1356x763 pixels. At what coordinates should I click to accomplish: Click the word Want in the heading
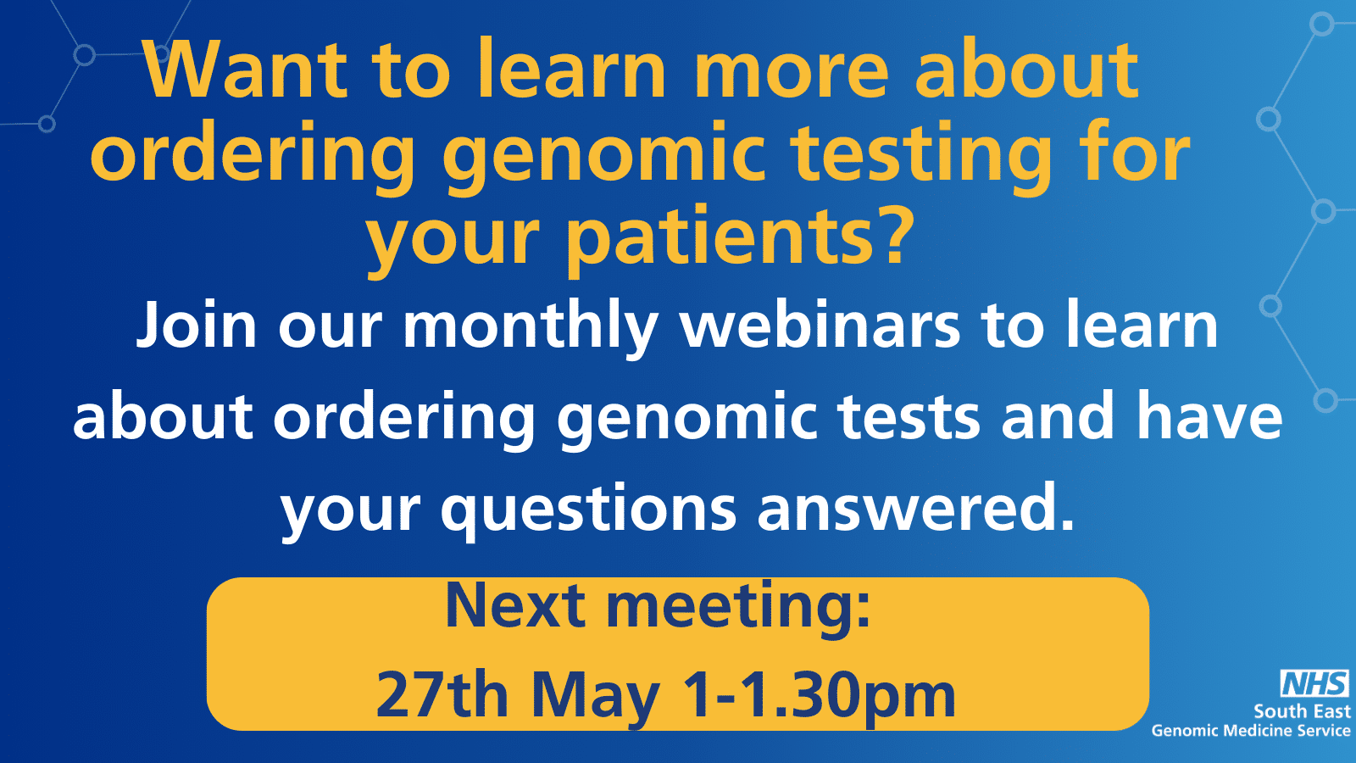click(245, 70)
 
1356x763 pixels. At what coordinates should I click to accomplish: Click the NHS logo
click(1314, 683)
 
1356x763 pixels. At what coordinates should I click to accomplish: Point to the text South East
click(1302, 711)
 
